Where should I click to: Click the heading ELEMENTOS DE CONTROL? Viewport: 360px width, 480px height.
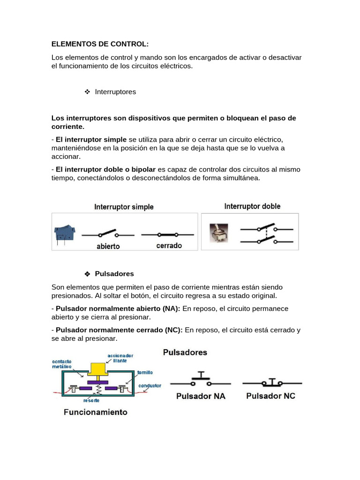point(99,44)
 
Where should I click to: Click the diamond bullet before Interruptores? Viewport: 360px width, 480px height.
point(87,92)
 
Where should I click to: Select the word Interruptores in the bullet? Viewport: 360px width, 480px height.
point(115,92)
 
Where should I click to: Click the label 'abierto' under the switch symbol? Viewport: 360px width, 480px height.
point(108,246)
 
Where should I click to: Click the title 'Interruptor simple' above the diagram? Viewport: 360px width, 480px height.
point(124,207)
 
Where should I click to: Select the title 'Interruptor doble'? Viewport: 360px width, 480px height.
point(252,206)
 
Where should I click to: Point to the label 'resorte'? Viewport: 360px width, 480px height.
point(91,401)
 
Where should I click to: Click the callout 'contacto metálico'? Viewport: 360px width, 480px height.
point(61,365)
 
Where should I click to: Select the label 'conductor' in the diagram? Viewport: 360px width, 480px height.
point(150,386)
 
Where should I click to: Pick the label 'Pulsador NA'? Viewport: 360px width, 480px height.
point(201,396)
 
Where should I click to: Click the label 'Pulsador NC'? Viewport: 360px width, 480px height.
point(271,396)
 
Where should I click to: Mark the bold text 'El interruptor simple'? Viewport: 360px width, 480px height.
point(91,140)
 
